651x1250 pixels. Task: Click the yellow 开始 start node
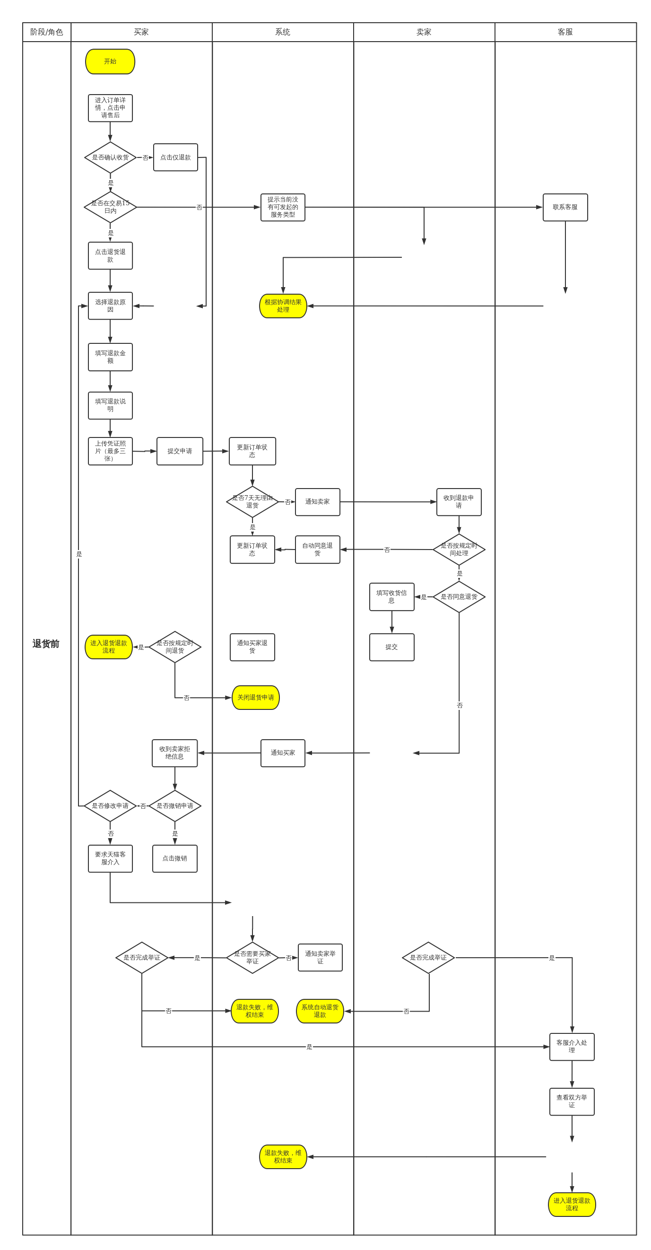pos(110,61)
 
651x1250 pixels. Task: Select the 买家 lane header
pos(141,32)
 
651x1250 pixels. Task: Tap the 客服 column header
pos(565,32)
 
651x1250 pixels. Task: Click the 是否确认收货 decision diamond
pos(110,157)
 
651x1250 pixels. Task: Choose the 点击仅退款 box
pos(175,157)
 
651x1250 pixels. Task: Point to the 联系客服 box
pos(565,207)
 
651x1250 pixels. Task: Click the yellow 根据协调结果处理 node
pos(283,306)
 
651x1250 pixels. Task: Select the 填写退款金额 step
pos(110,357)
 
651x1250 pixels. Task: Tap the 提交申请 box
pos(180,451)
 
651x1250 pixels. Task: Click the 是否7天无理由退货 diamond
pos(252,502)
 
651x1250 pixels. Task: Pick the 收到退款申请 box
pos(459,502)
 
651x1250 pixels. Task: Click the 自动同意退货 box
pos(317,550)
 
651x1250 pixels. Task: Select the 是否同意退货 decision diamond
pos(459,597)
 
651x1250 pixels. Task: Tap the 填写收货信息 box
pos(391,597)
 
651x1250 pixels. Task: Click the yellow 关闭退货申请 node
pos(256,698)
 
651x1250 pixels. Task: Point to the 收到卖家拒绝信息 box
pos(174,753)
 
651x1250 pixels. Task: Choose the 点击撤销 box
pos(174,858)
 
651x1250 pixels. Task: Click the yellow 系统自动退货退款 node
pos(320,1011)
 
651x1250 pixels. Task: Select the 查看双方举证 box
pos(572,1101)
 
